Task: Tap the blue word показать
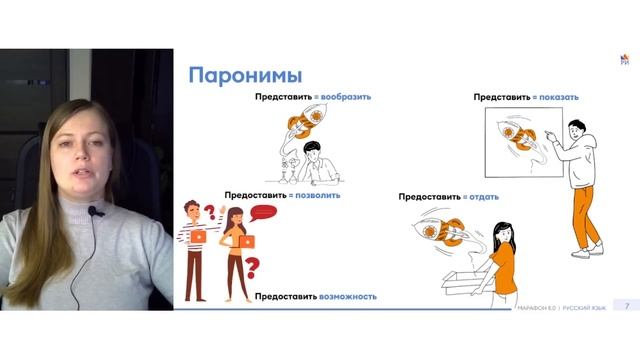(x=556, y=97)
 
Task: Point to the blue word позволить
(x=317, y=195)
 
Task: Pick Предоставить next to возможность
(x=287, y=296)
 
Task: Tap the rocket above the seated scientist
(x=300, y=126)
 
